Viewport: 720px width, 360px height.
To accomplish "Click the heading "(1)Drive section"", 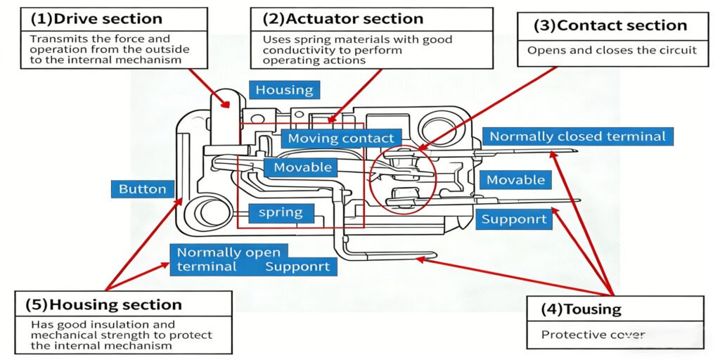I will pos(96,19).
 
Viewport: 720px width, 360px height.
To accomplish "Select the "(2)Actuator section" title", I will pos(343,19).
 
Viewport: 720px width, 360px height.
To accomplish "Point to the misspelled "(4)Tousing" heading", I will pos(581,309).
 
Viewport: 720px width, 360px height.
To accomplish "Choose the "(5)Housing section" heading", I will pos(104,304).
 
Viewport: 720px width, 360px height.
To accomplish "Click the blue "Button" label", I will pos(142,188).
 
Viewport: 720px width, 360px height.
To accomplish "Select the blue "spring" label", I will pos(281,212).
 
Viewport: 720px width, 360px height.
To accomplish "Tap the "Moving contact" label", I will pos(341,139).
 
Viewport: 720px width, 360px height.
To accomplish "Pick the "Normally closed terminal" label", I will pos(577,136).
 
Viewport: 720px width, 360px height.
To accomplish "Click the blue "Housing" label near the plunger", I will pos(284,89).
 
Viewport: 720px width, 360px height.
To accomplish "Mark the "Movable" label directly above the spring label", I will pos(302,167).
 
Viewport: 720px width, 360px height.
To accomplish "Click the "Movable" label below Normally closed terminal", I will pos(515,180).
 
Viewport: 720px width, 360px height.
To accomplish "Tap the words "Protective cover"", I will pos(593,335).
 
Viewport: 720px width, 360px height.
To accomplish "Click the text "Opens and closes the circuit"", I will pos(612,50).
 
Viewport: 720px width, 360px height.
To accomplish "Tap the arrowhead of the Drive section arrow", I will pos(227,105).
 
